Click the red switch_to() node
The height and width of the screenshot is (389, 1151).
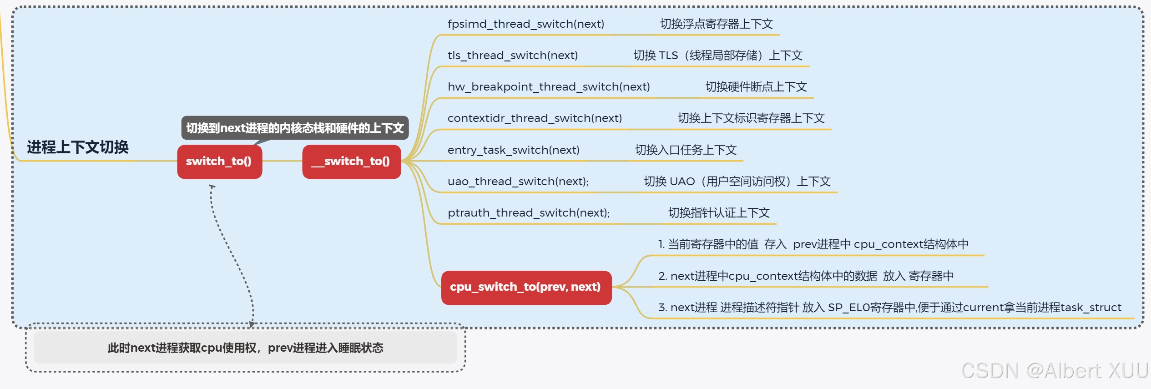[219, 162]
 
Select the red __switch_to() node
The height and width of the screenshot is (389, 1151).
[351, 162]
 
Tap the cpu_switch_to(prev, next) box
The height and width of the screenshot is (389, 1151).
[526, 287]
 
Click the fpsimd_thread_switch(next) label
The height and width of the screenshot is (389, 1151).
[526, 24]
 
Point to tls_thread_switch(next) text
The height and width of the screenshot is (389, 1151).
[513, 56]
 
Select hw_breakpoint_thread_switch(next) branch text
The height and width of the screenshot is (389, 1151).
[549, 87]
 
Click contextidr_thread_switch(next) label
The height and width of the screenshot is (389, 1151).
[535, 118]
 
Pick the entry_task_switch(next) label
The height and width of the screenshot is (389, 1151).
[513, 150]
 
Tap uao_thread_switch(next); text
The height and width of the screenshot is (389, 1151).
[518, 182]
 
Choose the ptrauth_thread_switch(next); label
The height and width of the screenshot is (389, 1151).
[529, 213]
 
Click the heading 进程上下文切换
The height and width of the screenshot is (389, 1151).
[78, 147]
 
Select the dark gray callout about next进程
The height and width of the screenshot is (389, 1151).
[295, 128]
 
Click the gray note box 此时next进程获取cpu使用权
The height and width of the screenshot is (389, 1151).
[245, 348]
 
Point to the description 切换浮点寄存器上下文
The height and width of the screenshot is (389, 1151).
[716, 24]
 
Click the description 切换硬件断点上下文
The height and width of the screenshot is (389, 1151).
[756, 87]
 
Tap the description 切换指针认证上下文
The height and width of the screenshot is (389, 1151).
[718, 213]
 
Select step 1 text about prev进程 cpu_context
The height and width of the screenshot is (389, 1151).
[813, 244]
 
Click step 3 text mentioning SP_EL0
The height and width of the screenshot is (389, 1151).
[889, 308]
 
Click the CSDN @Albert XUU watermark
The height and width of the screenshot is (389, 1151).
[1054, 370]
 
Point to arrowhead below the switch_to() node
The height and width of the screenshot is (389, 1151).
[212, 187]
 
